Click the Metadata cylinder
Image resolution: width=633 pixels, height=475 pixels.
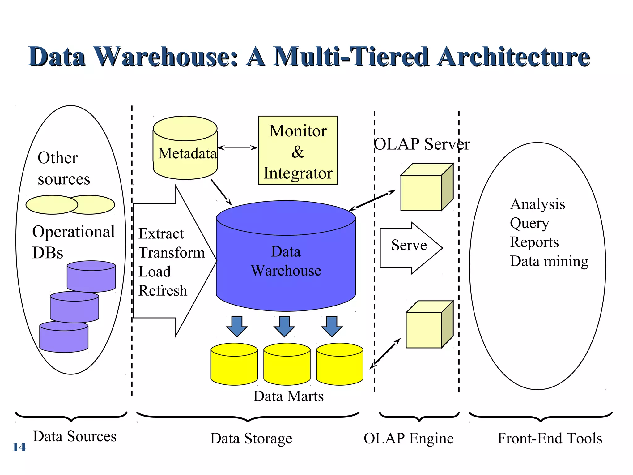(x=185, y=148)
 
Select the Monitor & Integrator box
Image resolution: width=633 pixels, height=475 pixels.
(x=298, y=151)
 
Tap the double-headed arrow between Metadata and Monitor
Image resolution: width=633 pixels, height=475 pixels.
(x=237, y=148)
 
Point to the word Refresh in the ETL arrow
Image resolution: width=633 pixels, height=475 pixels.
(x=163, y=291)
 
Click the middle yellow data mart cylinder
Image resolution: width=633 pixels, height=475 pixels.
(x=287, y=364)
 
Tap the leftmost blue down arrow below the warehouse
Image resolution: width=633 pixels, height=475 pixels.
(x=237, y=326)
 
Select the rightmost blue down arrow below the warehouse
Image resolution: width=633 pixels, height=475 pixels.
(x=332, y=326)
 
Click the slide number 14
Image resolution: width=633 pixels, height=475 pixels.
(x=19, y=447)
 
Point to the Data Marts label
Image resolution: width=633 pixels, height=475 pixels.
(x=288, y=396)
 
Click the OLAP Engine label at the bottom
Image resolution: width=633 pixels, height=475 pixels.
(x=408, y=439)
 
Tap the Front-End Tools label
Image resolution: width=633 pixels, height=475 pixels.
(x=550, y=439)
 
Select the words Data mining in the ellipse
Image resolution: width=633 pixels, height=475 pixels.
(x=549, y=261)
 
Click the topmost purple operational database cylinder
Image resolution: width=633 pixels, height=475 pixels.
(x=91, y=277)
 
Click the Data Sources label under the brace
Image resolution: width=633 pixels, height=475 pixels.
(x=74, y=437)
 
